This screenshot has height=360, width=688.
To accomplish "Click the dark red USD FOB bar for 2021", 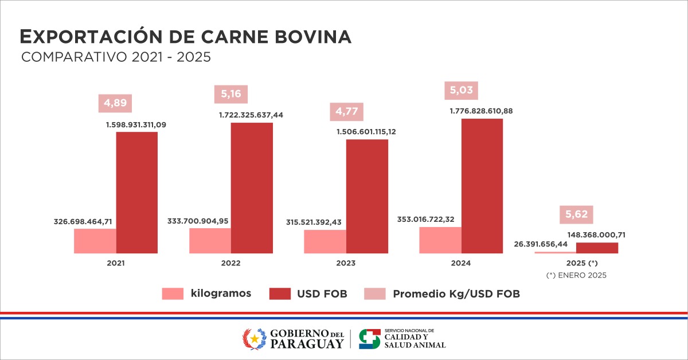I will [x=136, y=193].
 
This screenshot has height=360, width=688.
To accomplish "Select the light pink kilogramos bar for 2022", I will [x=210, y=241].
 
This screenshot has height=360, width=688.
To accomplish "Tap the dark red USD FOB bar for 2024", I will [x=482, y=186].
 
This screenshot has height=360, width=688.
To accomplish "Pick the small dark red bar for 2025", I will [x=597, y=248].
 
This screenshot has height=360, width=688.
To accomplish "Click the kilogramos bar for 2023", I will [x=325, y=241].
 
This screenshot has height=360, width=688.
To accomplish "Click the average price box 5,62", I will [x=577, y=215].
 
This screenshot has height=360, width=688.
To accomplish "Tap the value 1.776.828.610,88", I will [x=483, y=111].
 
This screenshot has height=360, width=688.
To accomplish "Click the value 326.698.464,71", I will [x=84, y=221].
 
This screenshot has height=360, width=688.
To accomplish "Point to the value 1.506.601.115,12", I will [x=368, y=131].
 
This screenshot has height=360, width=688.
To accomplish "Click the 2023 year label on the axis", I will [x=346, y=264].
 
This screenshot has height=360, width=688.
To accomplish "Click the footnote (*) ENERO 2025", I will [x=576, y=275].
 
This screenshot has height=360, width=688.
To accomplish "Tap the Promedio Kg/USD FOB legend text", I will [x=456, y=294].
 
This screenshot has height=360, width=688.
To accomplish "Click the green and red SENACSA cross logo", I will [x=369, y=339].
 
